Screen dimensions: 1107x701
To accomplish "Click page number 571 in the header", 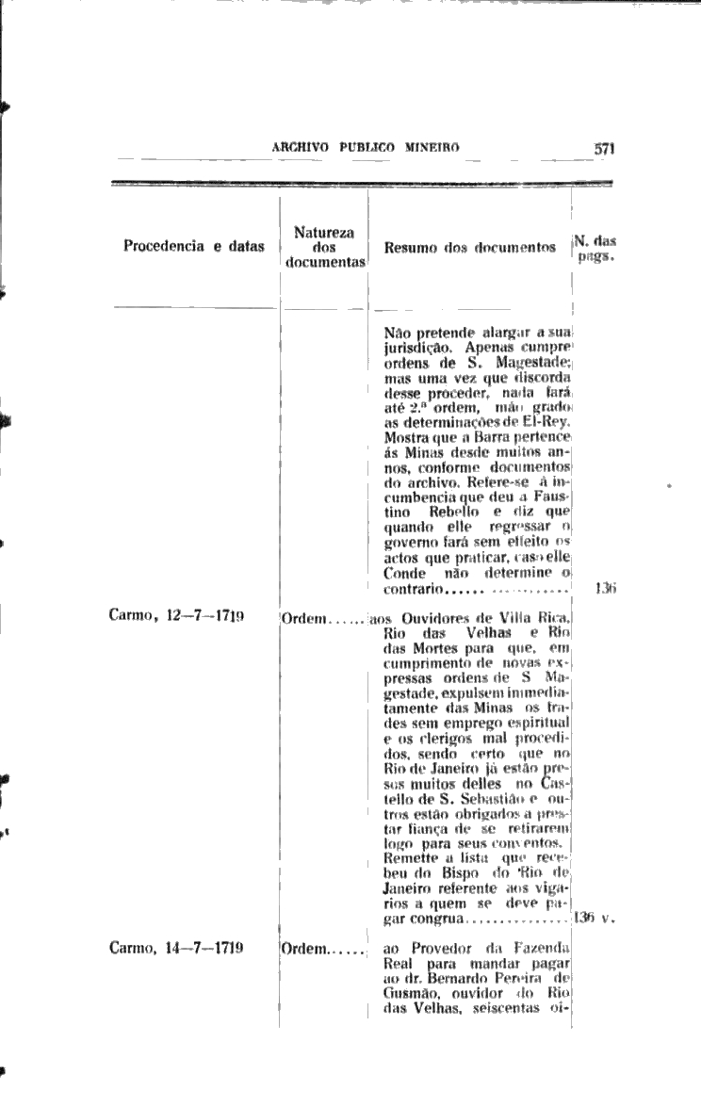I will point(604,148).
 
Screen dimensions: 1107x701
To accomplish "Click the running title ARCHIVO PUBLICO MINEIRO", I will point(365,148).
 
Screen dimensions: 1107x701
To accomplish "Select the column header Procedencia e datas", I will point(194,248).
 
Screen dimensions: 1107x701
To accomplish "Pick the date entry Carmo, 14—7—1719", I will point(176,948).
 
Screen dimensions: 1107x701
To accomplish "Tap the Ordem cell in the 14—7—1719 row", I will point(303,949).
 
